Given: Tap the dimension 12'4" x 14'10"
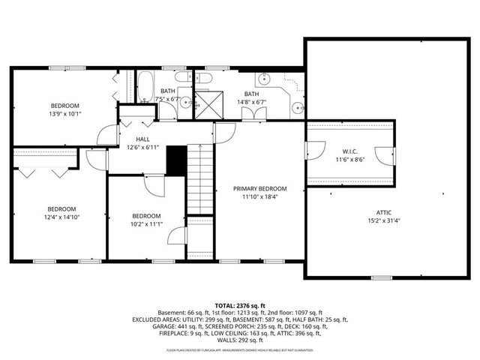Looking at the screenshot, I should (61, 217).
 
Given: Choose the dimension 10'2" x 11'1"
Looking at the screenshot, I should (146, 224).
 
